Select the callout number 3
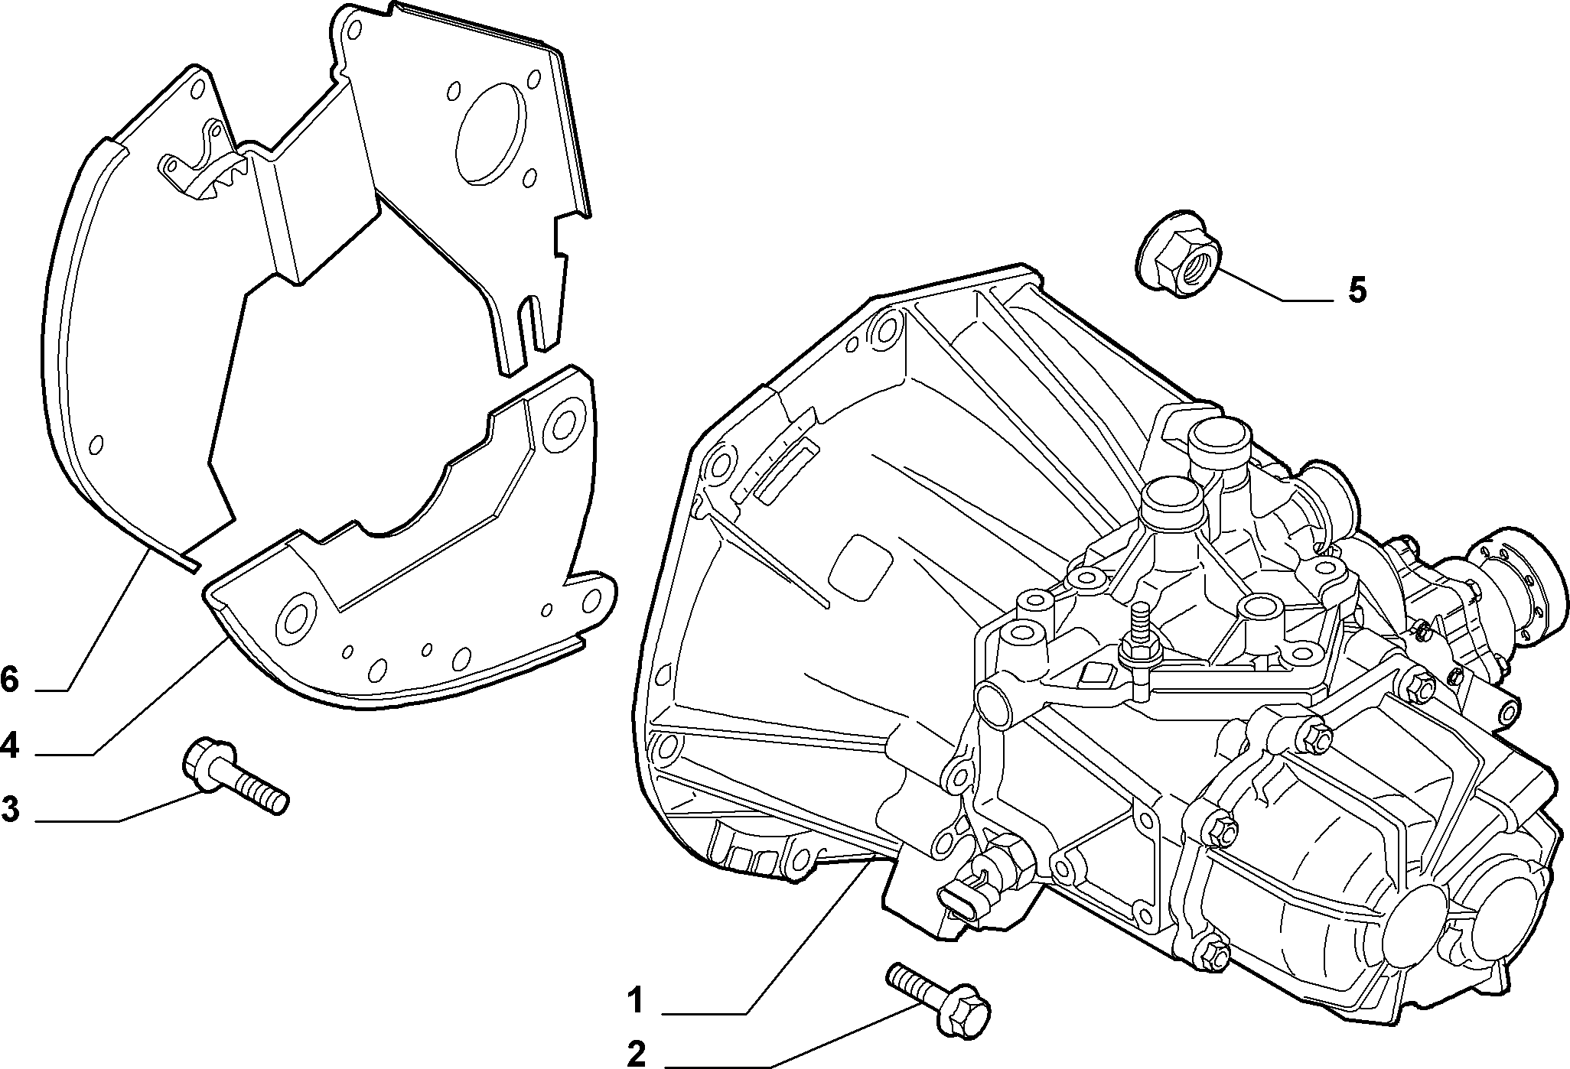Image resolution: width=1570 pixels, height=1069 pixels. tap(10, 808)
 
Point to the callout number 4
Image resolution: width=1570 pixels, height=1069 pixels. tap(9, 744)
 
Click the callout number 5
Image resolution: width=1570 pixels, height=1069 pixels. tap(1357, 291)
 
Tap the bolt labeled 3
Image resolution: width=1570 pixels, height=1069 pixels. tap(234, 775)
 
